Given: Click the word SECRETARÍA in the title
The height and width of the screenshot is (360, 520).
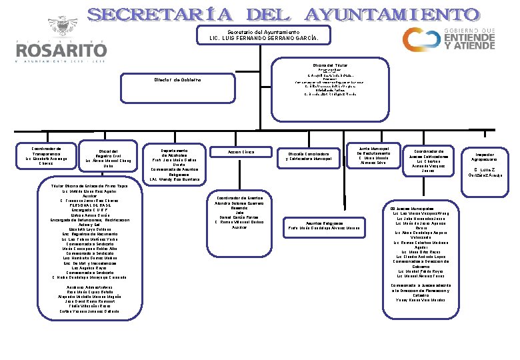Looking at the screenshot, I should [159, 15].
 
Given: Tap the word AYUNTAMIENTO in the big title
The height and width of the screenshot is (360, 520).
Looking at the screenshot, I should [392, 15].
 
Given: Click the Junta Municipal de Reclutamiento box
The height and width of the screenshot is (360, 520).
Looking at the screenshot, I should [373, 155].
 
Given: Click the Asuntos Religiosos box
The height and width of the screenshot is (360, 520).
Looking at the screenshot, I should [323, 225].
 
